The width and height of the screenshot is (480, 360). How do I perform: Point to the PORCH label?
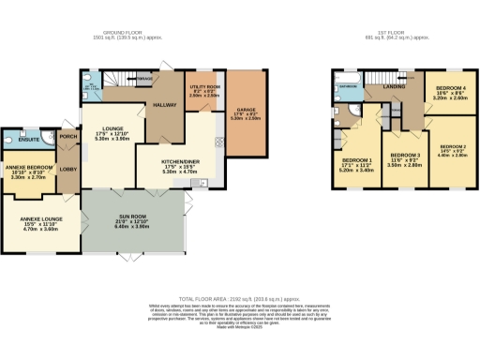pyautogui.click(x=69, y=136)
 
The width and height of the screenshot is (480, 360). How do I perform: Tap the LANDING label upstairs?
pyautogui.click(x=393, y=88)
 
